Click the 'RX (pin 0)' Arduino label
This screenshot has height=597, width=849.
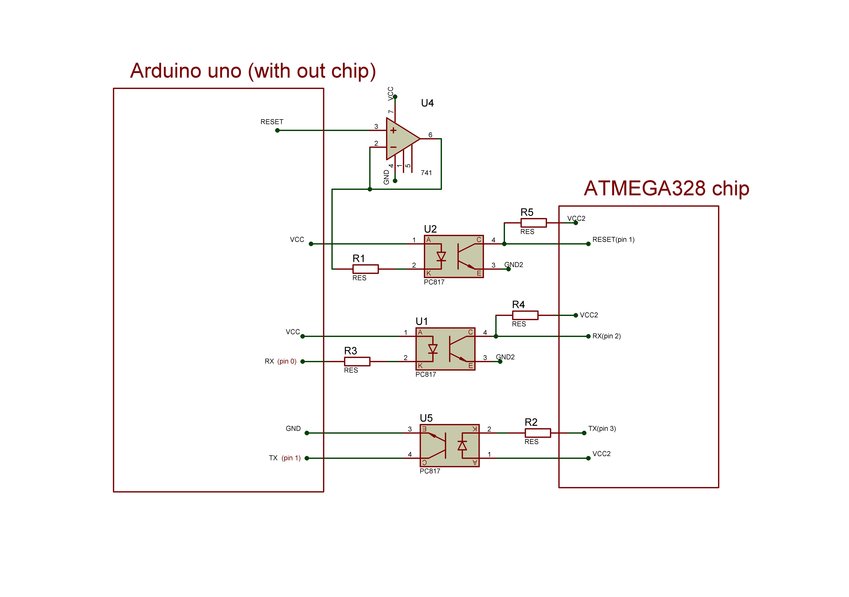click(x=280, y=361)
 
